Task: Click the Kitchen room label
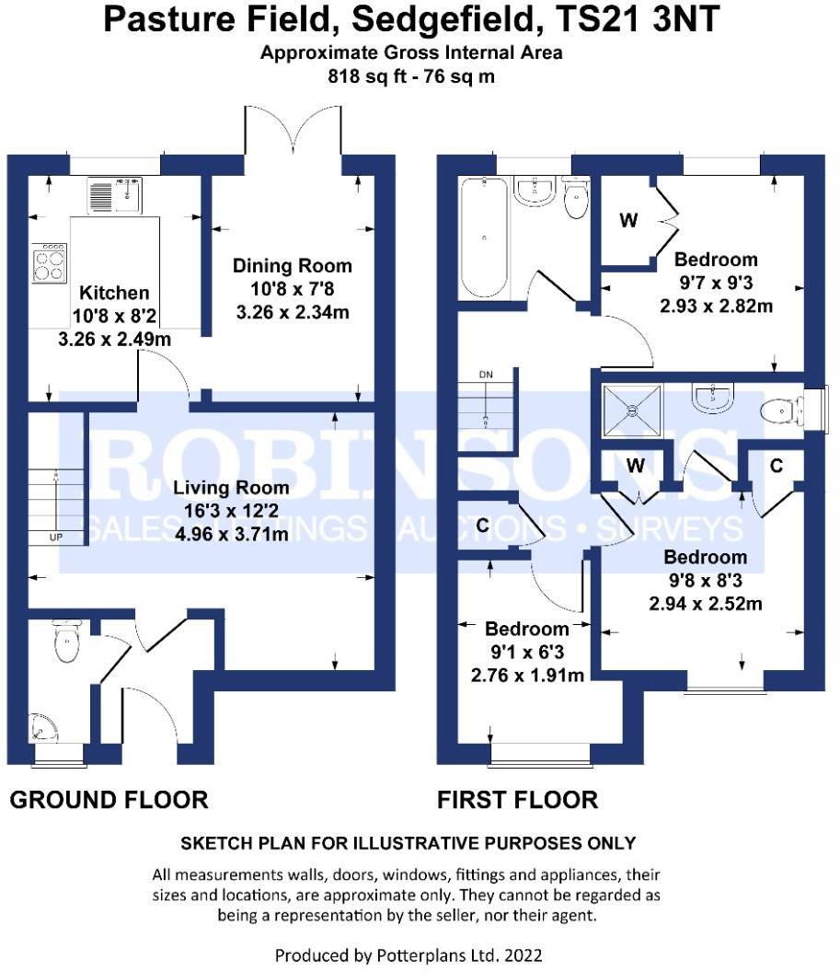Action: point(114,293)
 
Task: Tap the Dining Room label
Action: point(293,266)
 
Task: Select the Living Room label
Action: point(231,488)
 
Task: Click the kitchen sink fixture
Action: point(115,194)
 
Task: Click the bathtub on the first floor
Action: point(484,238)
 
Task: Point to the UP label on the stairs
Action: point(56,538)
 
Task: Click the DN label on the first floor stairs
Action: point(487,375)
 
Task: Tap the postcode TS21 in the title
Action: point(595,19)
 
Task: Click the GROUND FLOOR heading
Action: point(109,800)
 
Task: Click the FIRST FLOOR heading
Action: point(518,800)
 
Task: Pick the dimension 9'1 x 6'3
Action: point(527,652)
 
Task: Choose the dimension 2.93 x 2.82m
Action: point(716,307)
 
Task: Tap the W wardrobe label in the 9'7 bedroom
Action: point(628,220)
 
